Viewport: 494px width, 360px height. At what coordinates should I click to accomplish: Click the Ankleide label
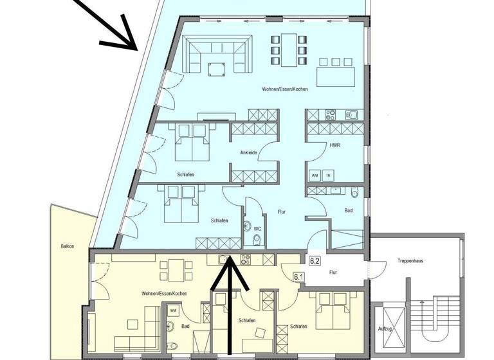point(249,153)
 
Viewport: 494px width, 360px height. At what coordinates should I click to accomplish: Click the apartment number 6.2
point(315,261)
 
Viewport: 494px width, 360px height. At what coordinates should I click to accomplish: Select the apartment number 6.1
point(298,277)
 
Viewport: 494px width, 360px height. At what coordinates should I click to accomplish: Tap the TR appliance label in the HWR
point(328,175)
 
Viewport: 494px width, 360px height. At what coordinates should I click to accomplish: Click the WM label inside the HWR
point(315,175)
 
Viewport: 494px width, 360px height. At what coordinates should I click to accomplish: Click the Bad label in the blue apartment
point(348,211)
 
